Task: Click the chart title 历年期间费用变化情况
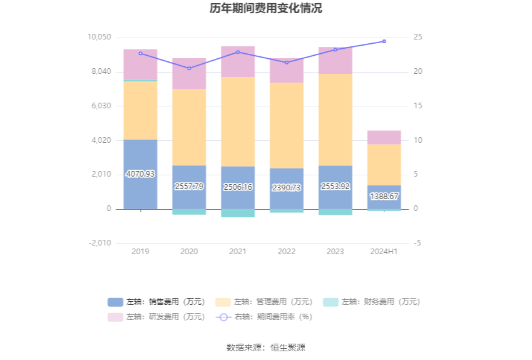(266, 9)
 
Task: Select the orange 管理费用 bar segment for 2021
(238, 121)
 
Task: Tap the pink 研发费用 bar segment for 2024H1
(384, 137)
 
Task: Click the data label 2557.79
(189, 187)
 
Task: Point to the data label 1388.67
(384, 197)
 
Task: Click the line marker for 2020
(189, 68)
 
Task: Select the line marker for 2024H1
(384, 41)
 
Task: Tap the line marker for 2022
(287, 63)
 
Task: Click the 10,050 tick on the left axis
(98, 38)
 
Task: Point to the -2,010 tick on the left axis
(98, 243)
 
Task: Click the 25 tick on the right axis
(418, 38)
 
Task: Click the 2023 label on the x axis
(335, 252)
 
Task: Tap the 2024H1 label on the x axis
(384, 252)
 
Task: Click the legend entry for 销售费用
(156, 302)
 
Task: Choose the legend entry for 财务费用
(372, 302)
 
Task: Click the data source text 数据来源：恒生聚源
(266, 347)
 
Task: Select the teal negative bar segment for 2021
(238, 213)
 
